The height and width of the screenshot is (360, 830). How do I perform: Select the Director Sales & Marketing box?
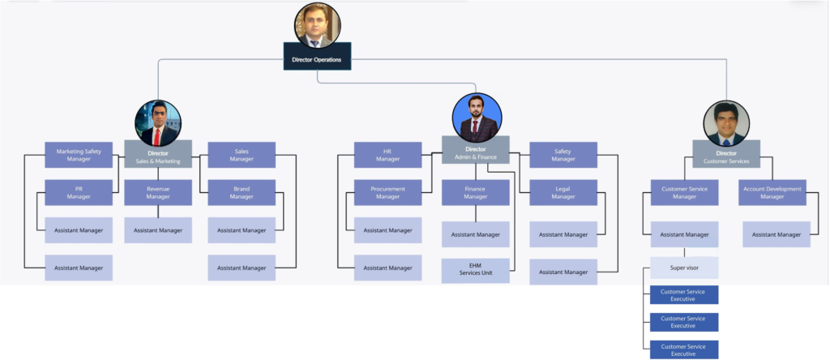158,155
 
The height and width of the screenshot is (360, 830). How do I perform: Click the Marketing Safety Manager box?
79,155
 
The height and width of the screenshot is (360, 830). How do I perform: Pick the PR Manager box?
79,192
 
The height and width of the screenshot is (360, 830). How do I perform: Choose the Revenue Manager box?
158,192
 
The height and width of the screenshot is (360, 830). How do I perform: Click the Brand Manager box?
242,192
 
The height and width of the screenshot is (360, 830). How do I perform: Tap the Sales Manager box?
242,155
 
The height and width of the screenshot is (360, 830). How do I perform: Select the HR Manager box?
387,155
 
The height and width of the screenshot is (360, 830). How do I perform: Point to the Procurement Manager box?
387,192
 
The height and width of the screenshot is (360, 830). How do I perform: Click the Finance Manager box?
476,192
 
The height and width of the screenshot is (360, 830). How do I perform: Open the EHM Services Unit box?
476,270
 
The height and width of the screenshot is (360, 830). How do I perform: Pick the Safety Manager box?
563,155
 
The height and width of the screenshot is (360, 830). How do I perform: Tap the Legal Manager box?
563,192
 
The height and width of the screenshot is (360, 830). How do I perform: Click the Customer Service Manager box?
684,192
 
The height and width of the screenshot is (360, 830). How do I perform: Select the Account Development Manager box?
772,192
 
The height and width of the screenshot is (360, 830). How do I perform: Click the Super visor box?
684,267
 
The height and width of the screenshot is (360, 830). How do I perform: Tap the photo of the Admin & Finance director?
477,117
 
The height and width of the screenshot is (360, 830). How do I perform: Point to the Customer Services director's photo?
726,123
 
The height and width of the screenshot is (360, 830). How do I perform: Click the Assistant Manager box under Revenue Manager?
158,230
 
